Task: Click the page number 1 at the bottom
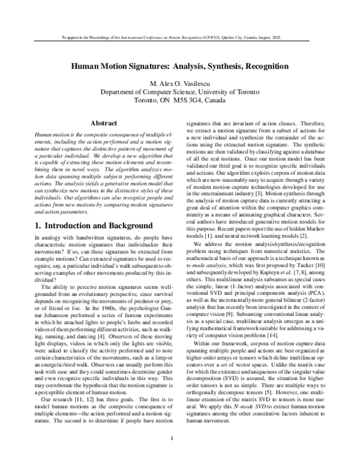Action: coord(180,445)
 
